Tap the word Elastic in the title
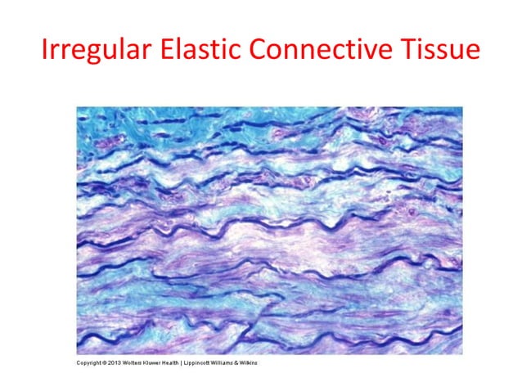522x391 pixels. [x=205, y=52]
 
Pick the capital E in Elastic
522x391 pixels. [x=169, y=52]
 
